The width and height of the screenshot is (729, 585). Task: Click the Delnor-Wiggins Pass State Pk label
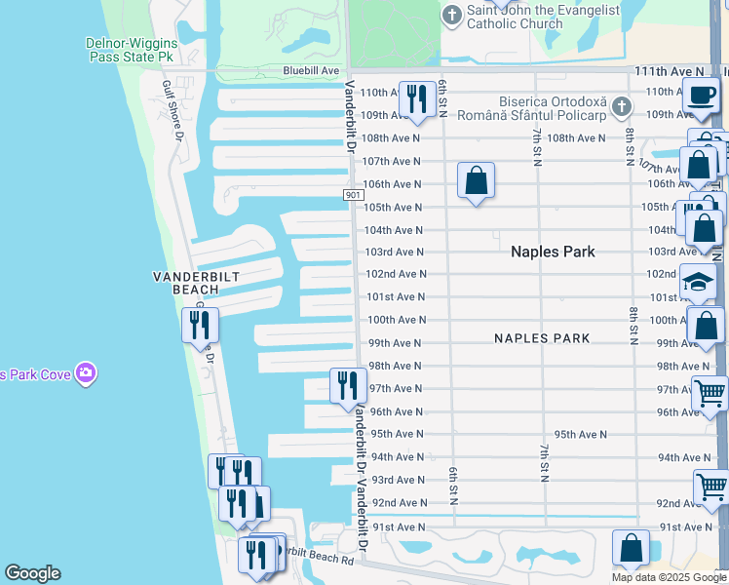pyautogui.click(x=131, y=50)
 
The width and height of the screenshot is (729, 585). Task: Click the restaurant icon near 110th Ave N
pyautogui.click(x=417, y=98)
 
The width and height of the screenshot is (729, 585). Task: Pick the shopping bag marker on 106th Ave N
pyautogui.click(x=476, y=180)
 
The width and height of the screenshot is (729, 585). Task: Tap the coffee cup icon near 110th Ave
pyautogui.click(x=700, y=94)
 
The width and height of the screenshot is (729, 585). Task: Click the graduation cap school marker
pyautogui.click(x=697, y=282)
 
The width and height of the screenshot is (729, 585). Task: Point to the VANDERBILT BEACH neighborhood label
pyautogui.click(x=196, y=283)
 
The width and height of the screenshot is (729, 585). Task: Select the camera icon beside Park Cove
pyautogui.click(x=86, y=373)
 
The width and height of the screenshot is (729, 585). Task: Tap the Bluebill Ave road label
pyautogui.click(x=311, y=70)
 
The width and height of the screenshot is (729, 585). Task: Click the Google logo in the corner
pyautogui.click(x=32, y=573)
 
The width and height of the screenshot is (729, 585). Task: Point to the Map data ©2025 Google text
pyautogui.click(x=669, y=577)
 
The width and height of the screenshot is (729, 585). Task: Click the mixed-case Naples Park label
pyautogui.click(x=553, y=252)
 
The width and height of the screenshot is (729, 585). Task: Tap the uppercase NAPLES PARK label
pyautogui.click(x=542, y=338)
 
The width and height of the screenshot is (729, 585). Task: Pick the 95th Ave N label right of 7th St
pyautogui.click(x=580, y=434)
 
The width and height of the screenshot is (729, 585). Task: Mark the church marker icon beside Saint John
pyautogui.click(x=452, y=15)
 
